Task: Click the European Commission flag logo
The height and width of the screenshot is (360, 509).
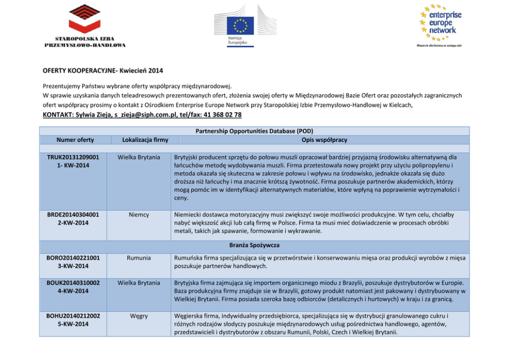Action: (x=241, y=26)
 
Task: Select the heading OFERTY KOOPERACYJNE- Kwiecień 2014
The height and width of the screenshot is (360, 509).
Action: (x=103, y=70)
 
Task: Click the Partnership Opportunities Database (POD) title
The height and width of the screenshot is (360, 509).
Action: (x=254, y=131)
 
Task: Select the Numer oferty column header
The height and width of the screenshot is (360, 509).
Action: (x=75, y=140)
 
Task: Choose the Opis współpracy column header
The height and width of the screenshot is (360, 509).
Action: (x=325, y=140)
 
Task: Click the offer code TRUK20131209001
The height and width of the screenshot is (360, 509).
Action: (x=73, y=157)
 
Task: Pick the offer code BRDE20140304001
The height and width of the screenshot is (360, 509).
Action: (x=73, y=214)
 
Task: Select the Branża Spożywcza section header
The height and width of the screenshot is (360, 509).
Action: (x=254, y=246)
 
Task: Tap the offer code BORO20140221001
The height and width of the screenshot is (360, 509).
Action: (x=73, y=258)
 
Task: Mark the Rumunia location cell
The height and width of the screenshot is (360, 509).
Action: (x=139, y=258)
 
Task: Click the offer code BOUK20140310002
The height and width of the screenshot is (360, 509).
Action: (x=73, y=283)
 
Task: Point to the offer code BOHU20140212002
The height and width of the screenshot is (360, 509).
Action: (x=73, y=316)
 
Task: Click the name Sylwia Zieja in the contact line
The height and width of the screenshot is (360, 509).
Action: (x=94, y=114)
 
